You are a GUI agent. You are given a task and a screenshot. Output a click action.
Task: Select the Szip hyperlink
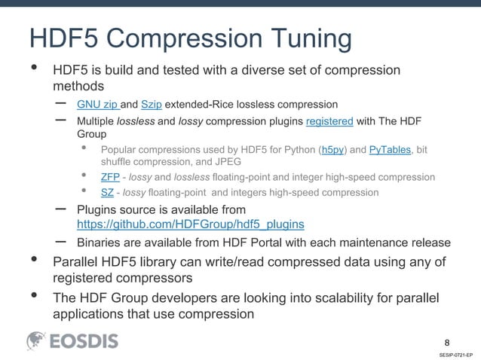coord(151,104)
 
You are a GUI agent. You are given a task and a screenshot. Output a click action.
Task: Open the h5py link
coord(332,150)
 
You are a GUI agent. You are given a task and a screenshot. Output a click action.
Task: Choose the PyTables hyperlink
coord(390,150)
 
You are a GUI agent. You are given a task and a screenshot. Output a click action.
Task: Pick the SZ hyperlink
coord(107,193)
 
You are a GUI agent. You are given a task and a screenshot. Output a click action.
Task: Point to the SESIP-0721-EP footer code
coord(455,353)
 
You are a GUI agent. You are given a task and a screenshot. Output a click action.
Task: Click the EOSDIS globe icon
coord(37,341)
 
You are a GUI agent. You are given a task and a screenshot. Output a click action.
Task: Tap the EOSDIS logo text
coord(84,341)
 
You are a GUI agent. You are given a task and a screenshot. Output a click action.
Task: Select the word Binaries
coord(100,243)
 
